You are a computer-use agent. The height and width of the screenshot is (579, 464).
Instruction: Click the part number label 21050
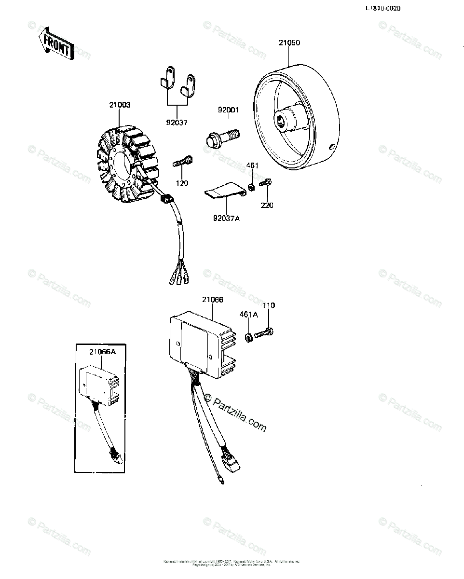point(289,42)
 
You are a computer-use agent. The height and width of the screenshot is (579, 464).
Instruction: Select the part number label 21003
point(120,105)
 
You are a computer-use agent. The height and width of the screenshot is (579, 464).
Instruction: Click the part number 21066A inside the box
point(103,352)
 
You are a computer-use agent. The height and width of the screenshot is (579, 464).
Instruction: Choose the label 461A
point(249,315)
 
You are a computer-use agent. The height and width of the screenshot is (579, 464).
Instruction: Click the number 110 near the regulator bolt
point(269,305)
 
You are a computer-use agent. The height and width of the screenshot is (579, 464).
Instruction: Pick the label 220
point(267,205)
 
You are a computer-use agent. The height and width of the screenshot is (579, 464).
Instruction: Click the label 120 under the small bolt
point(182,183)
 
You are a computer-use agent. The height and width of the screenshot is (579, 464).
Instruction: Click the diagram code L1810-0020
point(383,8)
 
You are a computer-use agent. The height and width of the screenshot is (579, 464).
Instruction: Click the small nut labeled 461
point(252,187)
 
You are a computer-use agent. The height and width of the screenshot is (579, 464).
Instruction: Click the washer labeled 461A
point(248,337)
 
